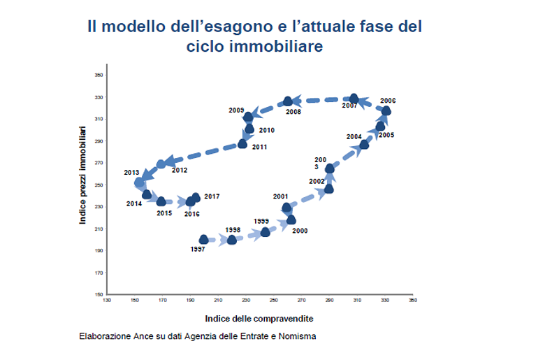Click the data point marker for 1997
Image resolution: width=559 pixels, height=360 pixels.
pos(204,240)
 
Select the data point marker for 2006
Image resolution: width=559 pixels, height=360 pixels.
pos(386,111)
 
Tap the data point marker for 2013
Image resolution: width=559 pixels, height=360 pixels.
pos(139,182)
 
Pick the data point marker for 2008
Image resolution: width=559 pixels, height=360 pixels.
pos(288,101)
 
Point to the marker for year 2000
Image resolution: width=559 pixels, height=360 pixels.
pos(291,219)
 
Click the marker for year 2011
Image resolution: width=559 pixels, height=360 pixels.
pos(242,144)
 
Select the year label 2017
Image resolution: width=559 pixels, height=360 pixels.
pos(212,197)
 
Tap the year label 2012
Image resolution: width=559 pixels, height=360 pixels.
pos(179,171)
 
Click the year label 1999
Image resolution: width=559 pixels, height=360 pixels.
pos(261,222)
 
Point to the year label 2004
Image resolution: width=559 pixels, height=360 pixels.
pos(354,136)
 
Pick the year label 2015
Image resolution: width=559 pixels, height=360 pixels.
pos(164,213)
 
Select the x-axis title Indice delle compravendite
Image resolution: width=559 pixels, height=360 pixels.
pos(259,318)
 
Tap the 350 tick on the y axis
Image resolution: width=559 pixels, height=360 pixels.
pos(99,74)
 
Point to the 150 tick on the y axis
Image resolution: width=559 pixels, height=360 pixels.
pos(99,294)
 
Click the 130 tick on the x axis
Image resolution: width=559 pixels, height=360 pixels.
pos(106,301)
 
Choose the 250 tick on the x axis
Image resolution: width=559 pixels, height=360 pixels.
pos(273,301)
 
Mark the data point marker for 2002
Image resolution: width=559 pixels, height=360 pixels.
pos(328,189)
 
